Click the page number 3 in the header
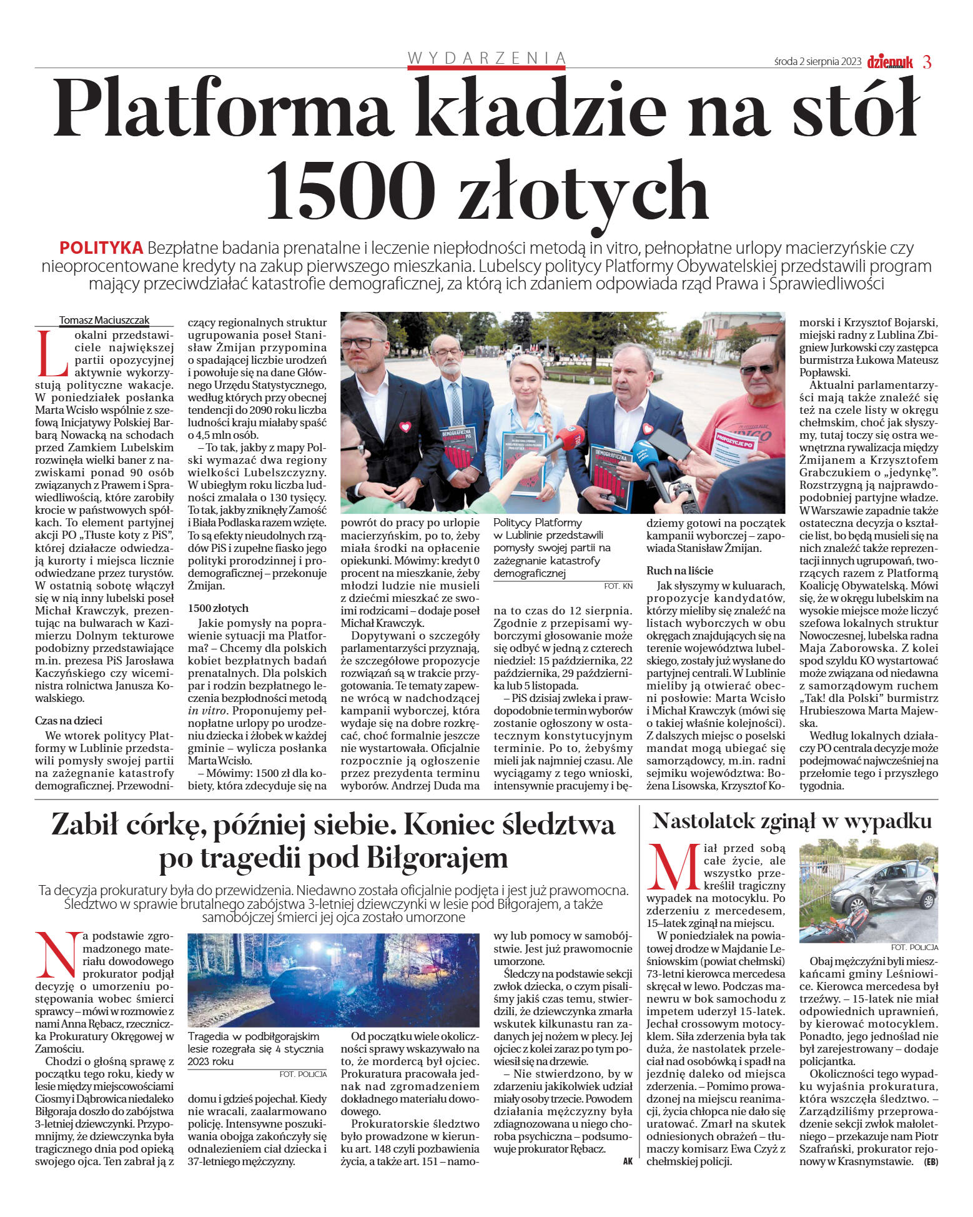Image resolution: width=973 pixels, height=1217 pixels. (x=927, y=62)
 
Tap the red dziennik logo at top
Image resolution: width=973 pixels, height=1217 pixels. (x=889, y=62)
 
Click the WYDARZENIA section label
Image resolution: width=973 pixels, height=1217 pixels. (x=487, y=58)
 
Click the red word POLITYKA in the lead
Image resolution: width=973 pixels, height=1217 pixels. (x=101, y=248)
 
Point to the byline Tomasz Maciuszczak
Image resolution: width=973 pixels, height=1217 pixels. (x=104, y=320)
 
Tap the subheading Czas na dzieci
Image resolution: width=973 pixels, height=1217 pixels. (x=69, y=721)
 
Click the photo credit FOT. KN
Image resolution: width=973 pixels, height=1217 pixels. (x=618, y=586)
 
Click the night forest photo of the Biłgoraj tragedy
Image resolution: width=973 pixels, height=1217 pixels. (x=333, y=979)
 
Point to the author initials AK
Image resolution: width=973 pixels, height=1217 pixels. (x=628, y=1161)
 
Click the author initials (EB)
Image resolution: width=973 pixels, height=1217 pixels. (x=931, y=1162)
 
